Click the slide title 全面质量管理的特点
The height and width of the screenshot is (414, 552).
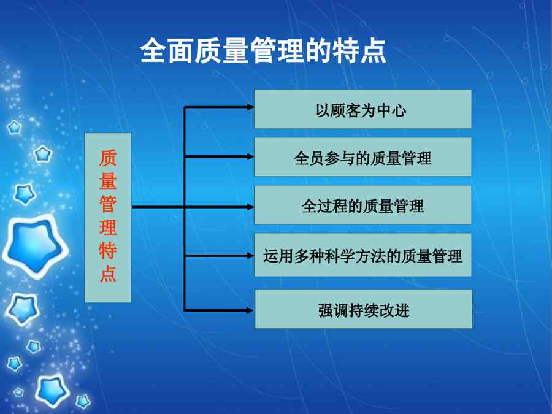pos(263,51)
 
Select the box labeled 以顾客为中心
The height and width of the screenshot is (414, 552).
pos(362,109)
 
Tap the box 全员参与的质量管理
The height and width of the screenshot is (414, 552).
pos(362,156)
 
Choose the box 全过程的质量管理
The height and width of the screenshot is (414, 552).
pos(362,204)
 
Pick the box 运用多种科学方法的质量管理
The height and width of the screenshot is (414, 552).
pos(362,255)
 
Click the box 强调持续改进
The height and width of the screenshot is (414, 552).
pos(363,309)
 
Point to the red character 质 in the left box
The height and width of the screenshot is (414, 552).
pos(108,158)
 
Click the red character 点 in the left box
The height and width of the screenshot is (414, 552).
pos(108,274)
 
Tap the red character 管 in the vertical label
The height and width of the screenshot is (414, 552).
pos(108,204)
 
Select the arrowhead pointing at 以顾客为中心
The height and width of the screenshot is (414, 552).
pos(250,107)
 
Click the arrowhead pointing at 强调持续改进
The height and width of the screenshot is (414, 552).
pos(250,310)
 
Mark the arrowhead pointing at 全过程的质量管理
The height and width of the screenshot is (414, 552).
pos(250,207)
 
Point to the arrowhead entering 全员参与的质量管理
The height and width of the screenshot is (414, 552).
pos(250,156)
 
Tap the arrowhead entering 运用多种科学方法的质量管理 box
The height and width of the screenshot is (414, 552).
pos(250,256)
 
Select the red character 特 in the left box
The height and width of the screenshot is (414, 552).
pos(108,251)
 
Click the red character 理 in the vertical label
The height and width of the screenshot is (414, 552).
pos(108,228)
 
